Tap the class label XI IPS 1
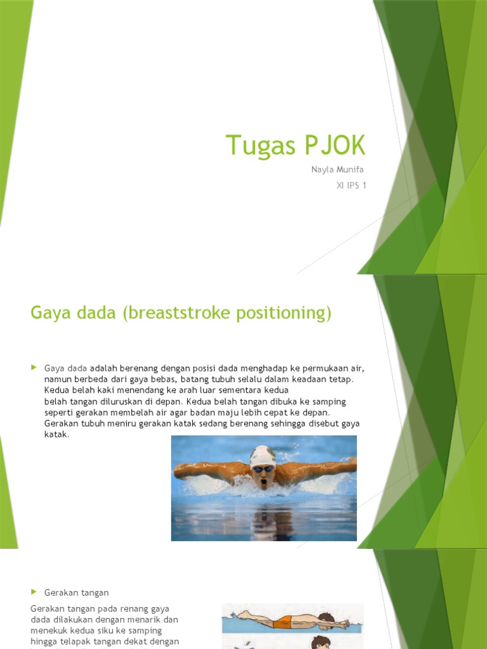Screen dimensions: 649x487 (x=351, y=186)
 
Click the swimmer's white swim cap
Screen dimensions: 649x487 (x=262, y=455)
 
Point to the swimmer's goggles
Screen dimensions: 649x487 (x=263, y=469)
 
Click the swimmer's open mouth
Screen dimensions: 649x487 (x=263, y=483)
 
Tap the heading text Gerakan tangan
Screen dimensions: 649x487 (x=77, y=593)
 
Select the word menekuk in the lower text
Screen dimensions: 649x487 (x=49, y=631)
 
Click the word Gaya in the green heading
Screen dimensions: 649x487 (x=48, y=313)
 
